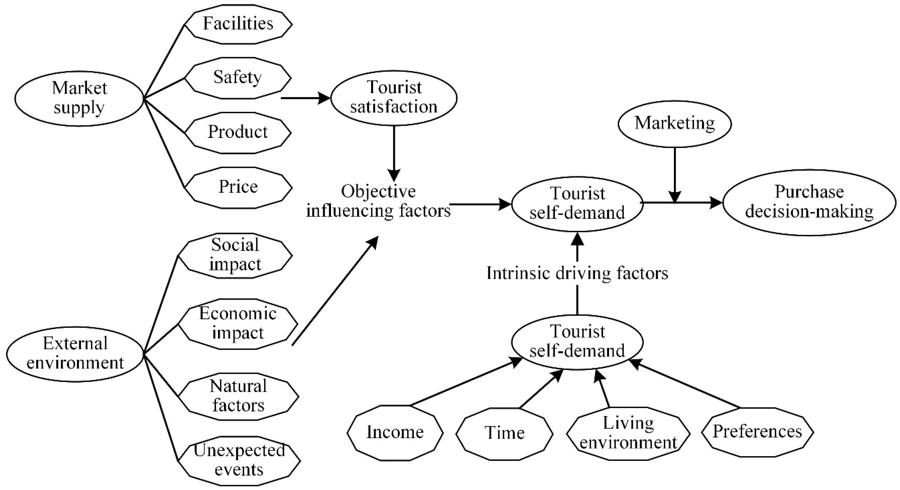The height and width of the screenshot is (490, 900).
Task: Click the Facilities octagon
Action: pyautogui.click(x=238, y=24)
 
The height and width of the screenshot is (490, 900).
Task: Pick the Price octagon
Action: pyautogui.click(x=238, y=187)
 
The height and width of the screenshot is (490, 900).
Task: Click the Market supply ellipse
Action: pyautogui.click(x=79, y=98)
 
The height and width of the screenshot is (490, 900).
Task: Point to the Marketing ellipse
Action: pyautogui.click(x=675, y=124)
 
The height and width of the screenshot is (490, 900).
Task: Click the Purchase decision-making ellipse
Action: pyautogui.click(x=809, y=203)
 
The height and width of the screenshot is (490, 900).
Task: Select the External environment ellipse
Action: pyautogui.click(x=75, y=354)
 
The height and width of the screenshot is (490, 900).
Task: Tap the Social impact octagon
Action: pyautogui.click(x=235, y=255)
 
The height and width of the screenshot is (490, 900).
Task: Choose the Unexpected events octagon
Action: pyautogui.click(x=239, y=460)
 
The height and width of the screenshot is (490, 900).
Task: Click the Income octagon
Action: pyautogui.click(x=395, y=433)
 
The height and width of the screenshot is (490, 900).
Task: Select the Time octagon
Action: pyautogui.click(x=504, y=433)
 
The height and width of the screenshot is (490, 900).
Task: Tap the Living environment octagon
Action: pyautogui.click(x=628, y=433)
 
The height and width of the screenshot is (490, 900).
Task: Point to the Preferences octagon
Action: pyautogui.click(x=757, y=432)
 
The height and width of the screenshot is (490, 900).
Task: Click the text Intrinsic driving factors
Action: pyautogui.click(x=577, y=273)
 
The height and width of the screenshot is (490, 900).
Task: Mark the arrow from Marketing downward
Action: pyautogui.click(x=675, y=175)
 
